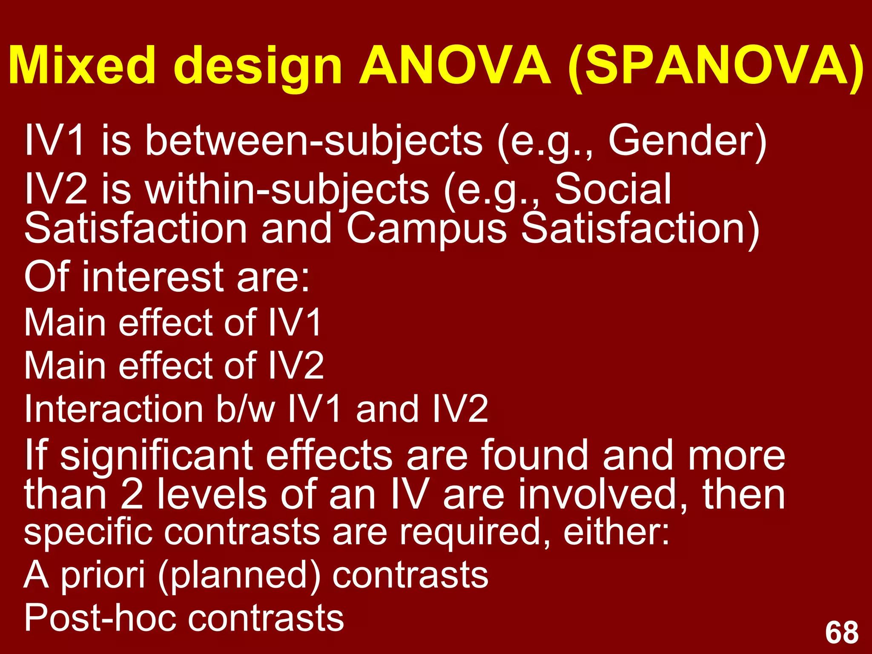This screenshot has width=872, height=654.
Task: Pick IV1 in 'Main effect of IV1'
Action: pyautogui.click(x=294, y=323)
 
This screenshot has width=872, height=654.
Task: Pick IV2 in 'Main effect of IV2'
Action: pyautogui.click(x=296, y=366)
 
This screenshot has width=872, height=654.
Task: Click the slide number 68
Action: pyautogui.click(x=841, y=633)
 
